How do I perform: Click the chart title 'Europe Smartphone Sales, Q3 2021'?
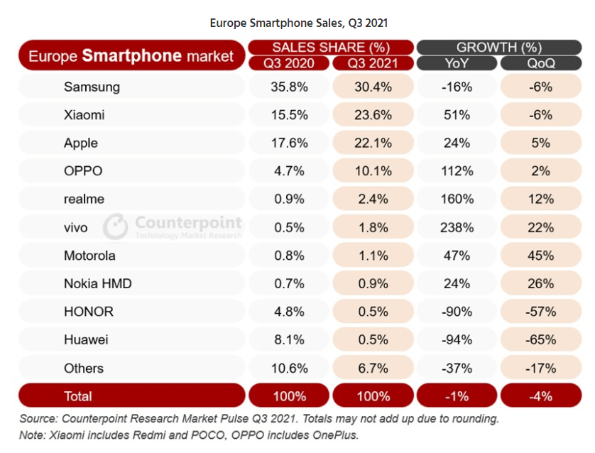pyautogui.click(x=298, y=23)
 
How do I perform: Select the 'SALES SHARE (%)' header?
pyautogui.click(x=331, y=48)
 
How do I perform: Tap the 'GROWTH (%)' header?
pyautogui.click(x=498, y=48)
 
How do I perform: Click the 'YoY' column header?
pyautogui.click(x=456, y=63)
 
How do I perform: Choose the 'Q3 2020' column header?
pyautogui.click(x=289, y=63)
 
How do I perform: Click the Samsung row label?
pyautogui.click(x=92, y=87)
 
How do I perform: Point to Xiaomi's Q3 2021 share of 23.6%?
pyautogui.click(x=373, y=115)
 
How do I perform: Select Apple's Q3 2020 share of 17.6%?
pyautogui.click(x=289, y=143)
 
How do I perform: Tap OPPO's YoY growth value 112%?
pyautogui.click(x=456, y=171)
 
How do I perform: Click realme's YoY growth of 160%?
pyautogui.click(x=456, y=200)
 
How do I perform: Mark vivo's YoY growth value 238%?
pyautogui.click(x=456, y=227)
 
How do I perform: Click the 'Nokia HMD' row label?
pyautogui.click(x=97, y=284)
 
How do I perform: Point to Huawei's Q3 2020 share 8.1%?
pyautogui.click(x=289, y=340)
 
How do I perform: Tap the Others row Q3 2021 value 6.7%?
pyautogui.click(x=373, y=368)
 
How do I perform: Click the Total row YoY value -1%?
pyautogui.click(x=456, y=395)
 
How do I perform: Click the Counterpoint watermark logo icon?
pyautogui.click(x=115, y=226)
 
